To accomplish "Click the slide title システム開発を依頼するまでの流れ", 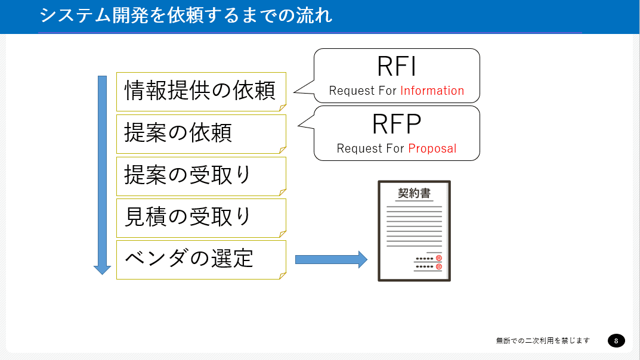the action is [185, 15].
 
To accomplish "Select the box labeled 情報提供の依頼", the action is [201, 92].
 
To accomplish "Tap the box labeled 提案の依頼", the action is [201, 134].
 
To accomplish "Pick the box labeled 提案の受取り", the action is [201, 176].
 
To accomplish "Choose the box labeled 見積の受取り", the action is [201, 218].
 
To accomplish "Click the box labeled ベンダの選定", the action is [201, 260].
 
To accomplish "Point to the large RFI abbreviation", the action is [396, 66].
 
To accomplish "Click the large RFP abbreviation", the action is [396, 124].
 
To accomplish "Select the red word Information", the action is [432, 91].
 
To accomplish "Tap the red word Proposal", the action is [432, 148].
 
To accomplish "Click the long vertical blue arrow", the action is [102, 175].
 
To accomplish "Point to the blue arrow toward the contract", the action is [331, 259].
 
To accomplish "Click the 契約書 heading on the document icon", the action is [415, 193].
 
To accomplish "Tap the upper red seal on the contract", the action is [439, 258].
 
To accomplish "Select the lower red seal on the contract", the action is [439, 266].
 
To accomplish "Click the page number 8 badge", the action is [616, 340].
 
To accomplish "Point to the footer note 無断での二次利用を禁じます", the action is [543, 340].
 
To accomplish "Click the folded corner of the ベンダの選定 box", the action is [283, 275].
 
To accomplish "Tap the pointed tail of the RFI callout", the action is [295, 92].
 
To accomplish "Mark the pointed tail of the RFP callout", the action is [299, 125].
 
